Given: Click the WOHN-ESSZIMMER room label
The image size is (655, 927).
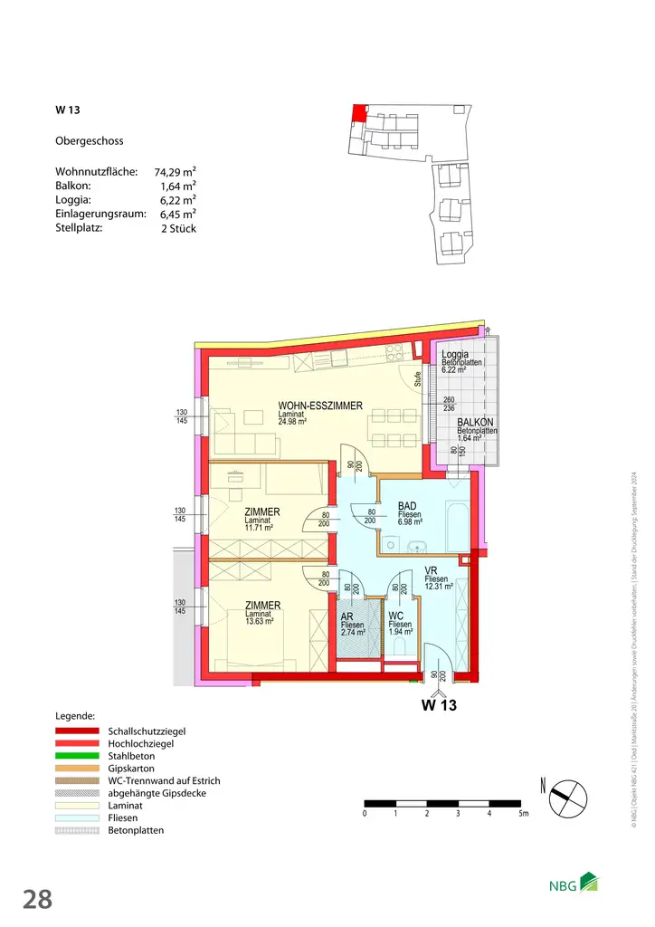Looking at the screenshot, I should point(320,406).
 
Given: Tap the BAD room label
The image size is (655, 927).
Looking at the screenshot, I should point(407,507).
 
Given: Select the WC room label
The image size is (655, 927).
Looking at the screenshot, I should point(396,616).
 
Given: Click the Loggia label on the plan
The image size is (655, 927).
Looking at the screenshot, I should point(455,355).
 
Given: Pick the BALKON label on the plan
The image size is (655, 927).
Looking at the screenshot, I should point(475,422).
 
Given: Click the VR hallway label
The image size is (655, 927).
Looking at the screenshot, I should point(432,570).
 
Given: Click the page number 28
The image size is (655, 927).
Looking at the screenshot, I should point(37,900).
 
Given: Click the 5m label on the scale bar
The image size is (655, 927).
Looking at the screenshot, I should point(523,815).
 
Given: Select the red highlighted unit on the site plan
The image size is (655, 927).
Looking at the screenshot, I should point(359,113).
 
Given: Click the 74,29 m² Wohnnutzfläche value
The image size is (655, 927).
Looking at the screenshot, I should point(176,171).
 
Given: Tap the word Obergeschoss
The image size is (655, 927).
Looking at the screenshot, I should point(90,141).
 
